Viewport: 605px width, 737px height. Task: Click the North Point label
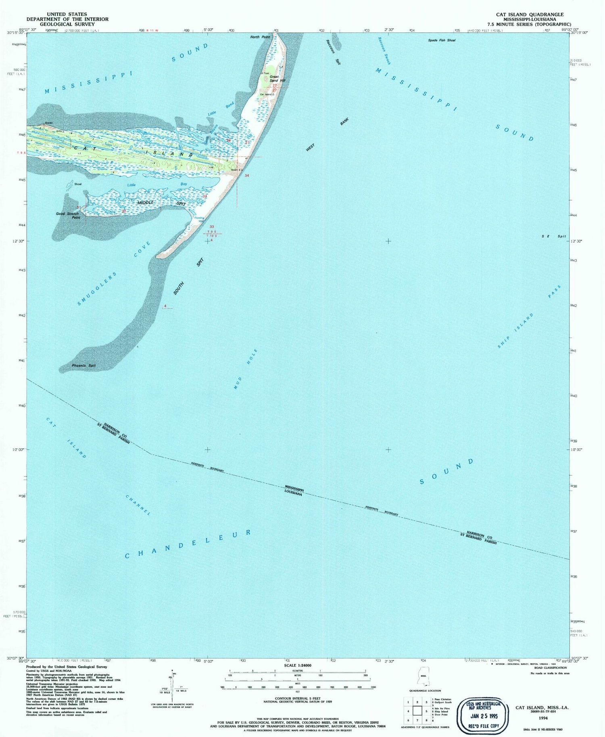260,37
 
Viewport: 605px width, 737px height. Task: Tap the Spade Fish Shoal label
442,40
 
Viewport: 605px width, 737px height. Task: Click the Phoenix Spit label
83,365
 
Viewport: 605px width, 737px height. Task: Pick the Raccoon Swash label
384,51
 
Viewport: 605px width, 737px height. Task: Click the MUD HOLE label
246,369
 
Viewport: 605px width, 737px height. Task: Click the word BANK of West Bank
344,122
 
